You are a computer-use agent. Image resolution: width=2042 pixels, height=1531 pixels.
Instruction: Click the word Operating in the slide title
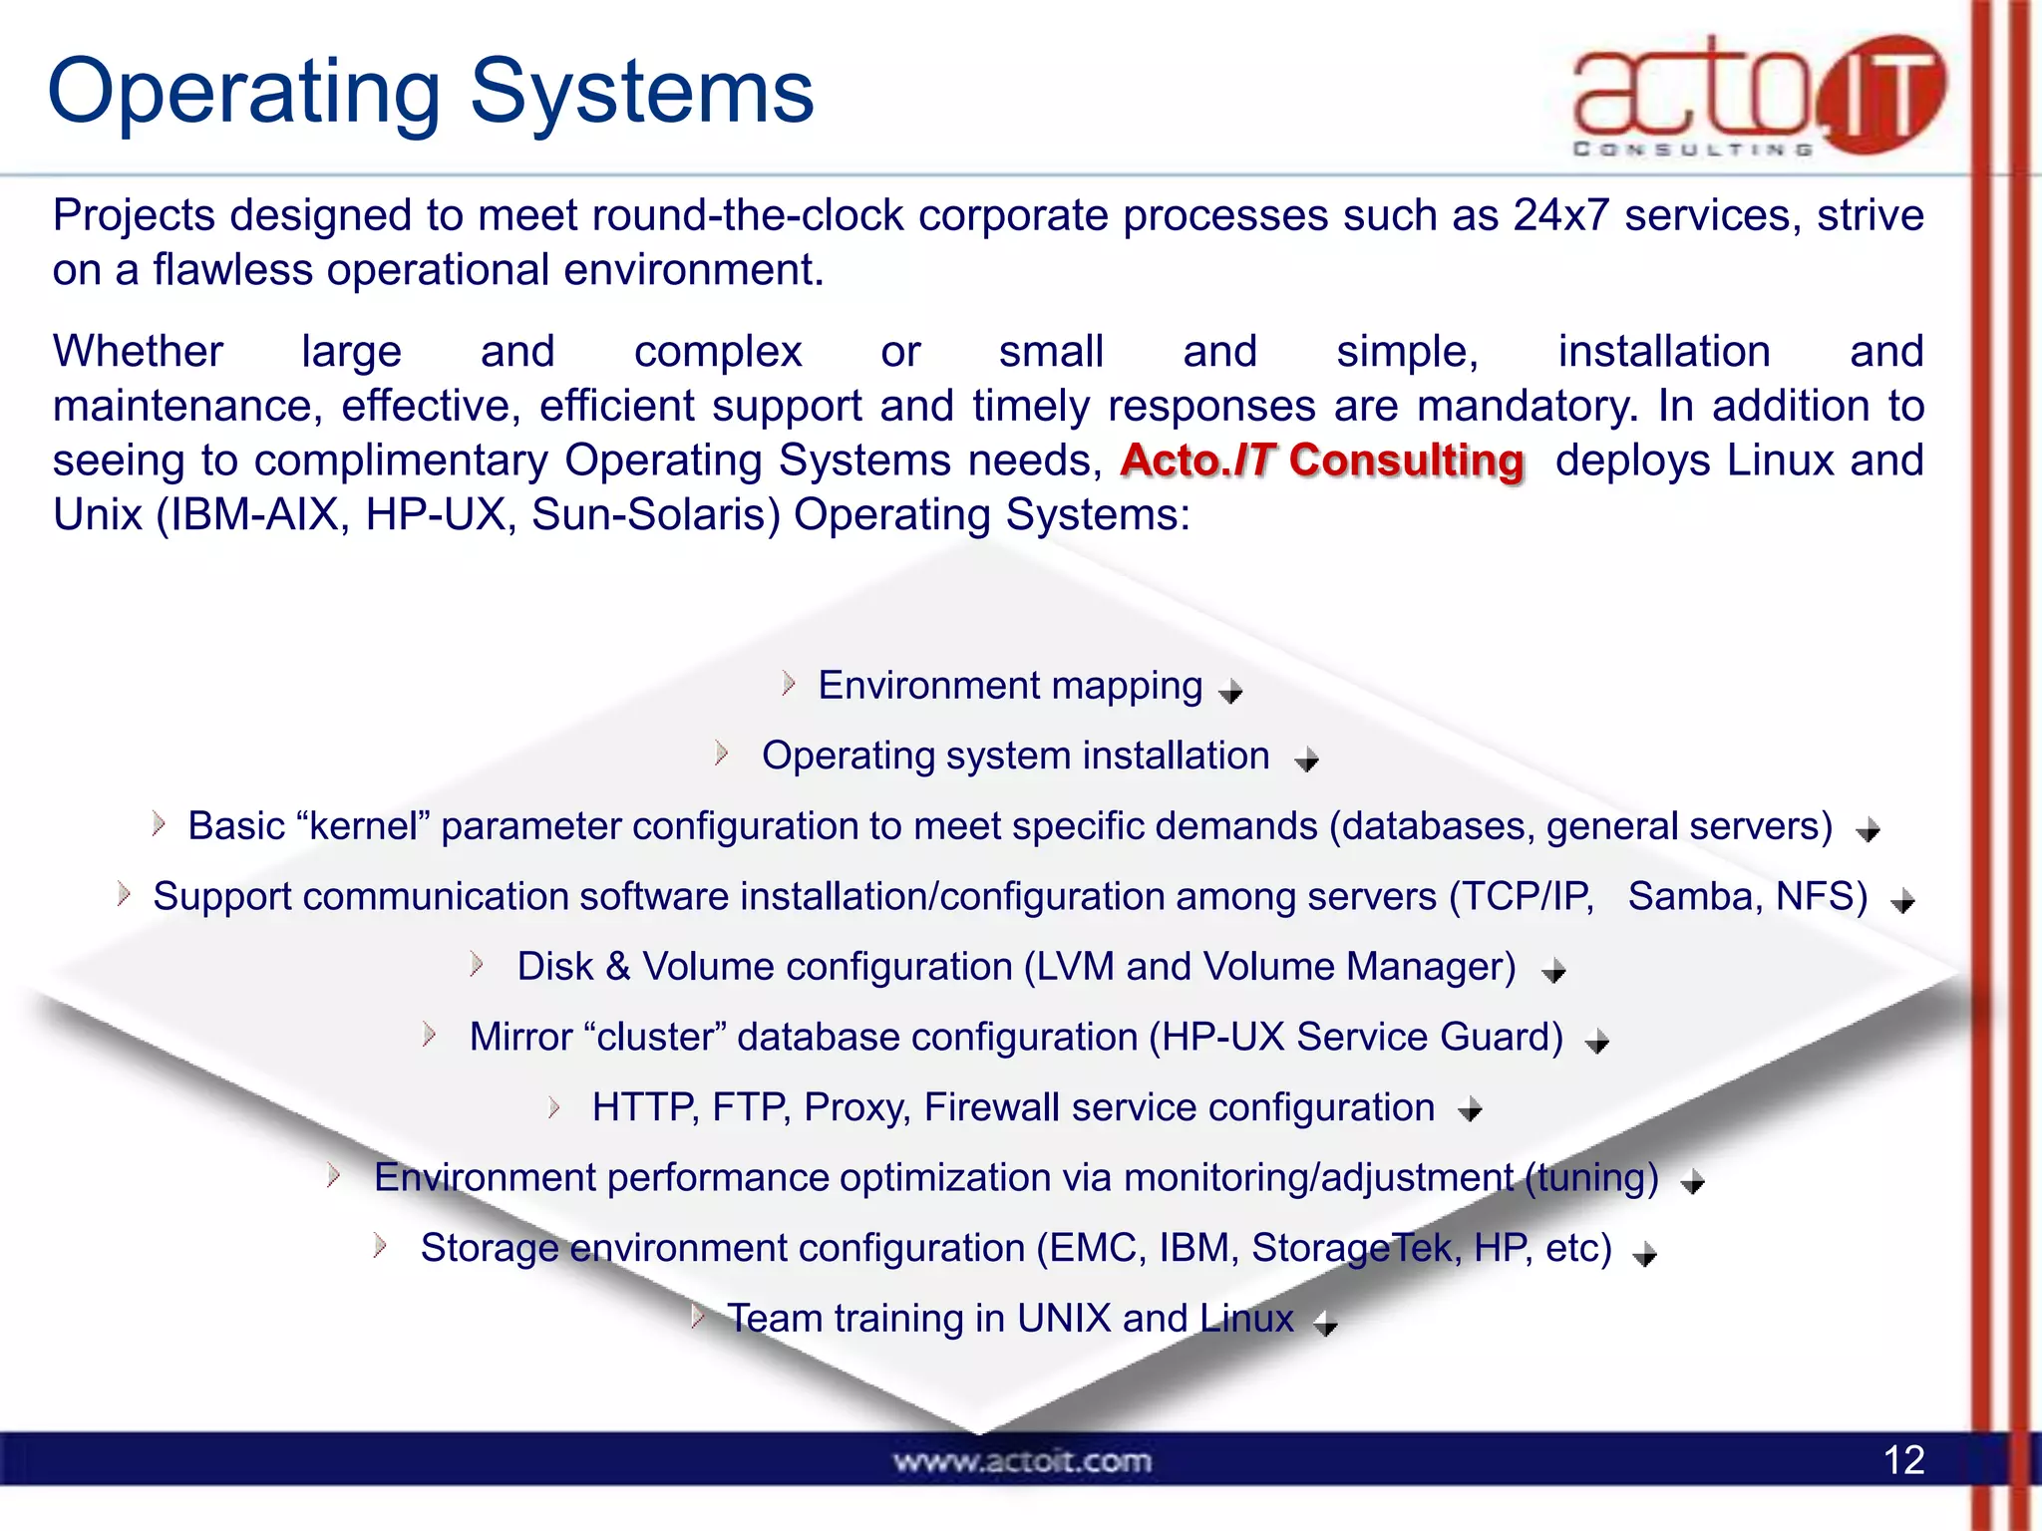(243, 92)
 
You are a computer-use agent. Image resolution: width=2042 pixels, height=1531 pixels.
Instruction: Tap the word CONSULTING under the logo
(1692, 150)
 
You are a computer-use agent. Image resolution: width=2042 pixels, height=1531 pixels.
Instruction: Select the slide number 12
(1903, 1460)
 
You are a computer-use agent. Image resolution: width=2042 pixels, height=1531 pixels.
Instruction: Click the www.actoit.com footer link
(1022, 1461)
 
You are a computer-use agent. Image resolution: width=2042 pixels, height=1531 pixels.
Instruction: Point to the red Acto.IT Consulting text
(1322, 460)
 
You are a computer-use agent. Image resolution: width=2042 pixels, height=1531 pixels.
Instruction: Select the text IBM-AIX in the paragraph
(254, 515)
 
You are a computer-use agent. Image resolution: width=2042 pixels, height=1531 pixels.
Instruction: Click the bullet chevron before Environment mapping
(789, 684)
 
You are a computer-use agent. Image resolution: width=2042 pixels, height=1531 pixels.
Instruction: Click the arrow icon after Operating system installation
(1306, 761)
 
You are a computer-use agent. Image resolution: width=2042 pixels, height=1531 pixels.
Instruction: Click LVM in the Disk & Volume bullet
(1075, 967)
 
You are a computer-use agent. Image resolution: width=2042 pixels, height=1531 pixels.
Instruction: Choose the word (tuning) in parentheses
(1592, 1178)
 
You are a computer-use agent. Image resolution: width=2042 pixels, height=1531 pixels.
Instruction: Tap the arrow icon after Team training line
(1325, 1324)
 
